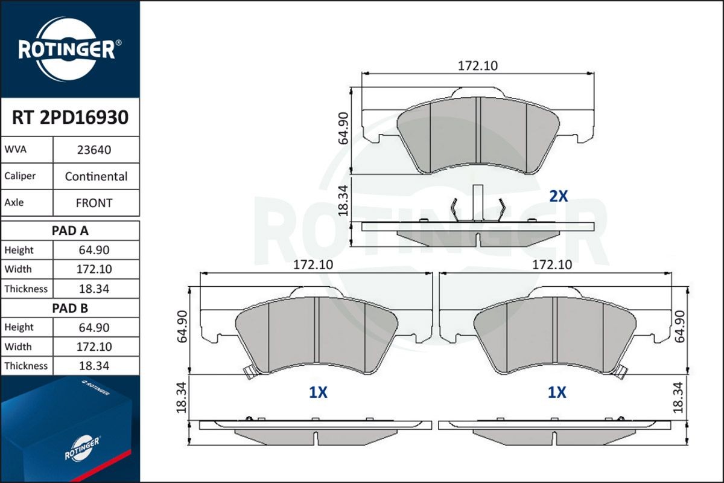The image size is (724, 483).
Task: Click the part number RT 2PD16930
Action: (x=70, y=118)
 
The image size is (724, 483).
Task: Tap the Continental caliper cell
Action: (x=96, y=176)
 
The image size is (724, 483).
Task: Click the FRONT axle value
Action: (x=94, y=203)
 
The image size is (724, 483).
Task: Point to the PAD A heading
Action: (x=70, y=231)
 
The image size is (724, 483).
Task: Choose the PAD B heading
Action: (x=70, y=308)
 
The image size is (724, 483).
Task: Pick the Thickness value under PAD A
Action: (x=94, y=289)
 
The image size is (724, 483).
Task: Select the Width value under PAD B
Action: (x=94, y=347)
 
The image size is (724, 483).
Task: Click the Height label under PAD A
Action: (x=19, y=250)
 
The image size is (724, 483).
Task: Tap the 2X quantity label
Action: (x=558, y=196)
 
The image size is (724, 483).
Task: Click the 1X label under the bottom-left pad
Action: (x=318, y=393)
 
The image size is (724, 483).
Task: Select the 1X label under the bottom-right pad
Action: (x=557, y=393)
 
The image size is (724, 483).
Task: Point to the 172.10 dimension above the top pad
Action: (x=477, y=66)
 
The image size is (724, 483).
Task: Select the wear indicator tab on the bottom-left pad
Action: (x=248, y=373)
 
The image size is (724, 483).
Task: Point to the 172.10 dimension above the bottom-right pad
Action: (x=552, y=264)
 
